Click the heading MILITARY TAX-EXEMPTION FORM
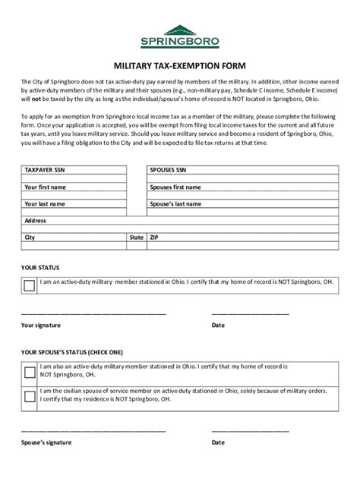179,67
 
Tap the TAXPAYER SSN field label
48,171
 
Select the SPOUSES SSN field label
173,171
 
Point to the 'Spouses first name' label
175,187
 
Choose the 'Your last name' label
45,204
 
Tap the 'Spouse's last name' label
176,204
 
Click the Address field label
36,221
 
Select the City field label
30,237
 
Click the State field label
137,237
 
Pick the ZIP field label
155,237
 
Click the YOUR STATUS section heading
40,268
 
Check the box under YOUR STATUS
30,285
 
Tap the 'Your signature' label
41,325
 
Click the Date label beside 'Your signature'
218,325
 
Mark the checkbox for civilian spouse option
30,397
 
